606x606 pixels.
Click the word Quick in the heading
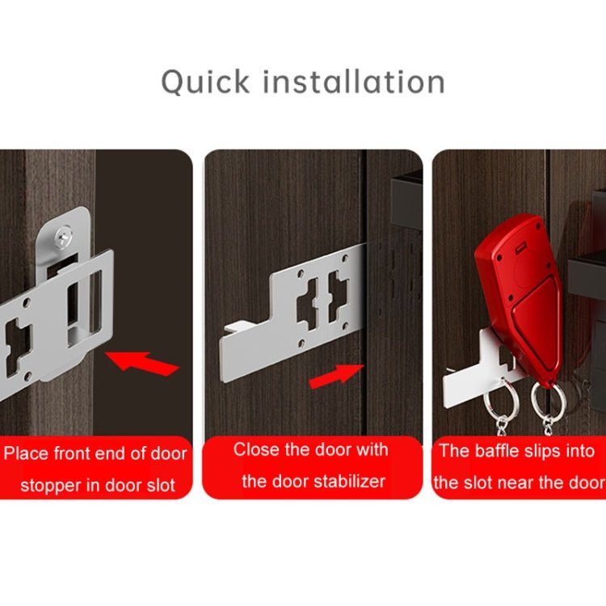click(204, 82)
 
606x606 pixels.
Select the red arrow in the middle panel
click(336, 375)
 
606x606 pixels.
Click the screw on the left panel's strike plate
click(64, 235)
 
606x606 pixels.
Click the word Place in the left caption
click(27, 453)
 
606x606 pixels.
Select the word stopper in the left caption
click(51, 486)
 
